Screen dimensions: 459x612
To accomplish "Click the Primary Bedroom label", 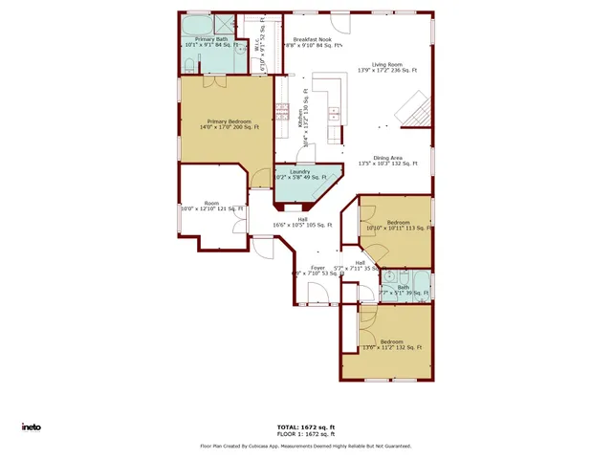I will click(x=228, y=122).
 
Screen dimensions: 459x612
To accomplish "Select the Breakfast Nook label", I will click(x=312, y=39).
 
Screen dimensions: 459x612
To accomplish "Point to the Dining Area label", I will click(x=387, y=158).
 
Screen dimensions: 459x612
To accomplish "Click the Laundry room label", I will click(x=299, y=173).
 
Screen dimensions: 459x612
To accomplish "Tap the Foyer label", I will click(x=317, y=268).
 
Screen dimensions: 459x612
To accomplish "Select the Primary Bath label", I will click(x=210, y=39).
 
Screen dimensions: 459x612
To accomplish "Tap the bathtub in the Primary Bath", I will click(x=198, y=25).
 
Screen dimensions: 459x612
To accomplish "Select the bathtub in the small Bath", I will click(x=423, y=287).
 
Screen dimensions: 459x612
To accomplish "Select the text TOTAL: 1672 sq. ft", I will click(x=305, y=426).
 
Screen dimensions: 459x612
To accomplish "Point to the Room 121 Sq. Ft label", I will click(x=211, y=208).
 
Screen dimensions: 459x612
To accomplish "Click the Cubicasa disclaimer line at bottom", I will click(x=305, y=446).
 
